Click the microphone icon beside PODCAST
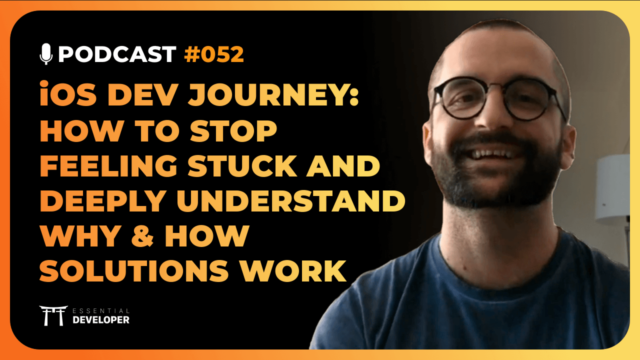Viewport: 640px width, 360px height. (x=46, y=54)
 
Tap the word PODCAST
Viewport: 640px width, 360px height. (x=117, y=54)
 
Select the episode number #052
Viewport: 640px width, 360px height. (x=214, y=54)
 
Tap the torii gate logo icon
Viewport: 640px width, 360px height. (x=53, y=315)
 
